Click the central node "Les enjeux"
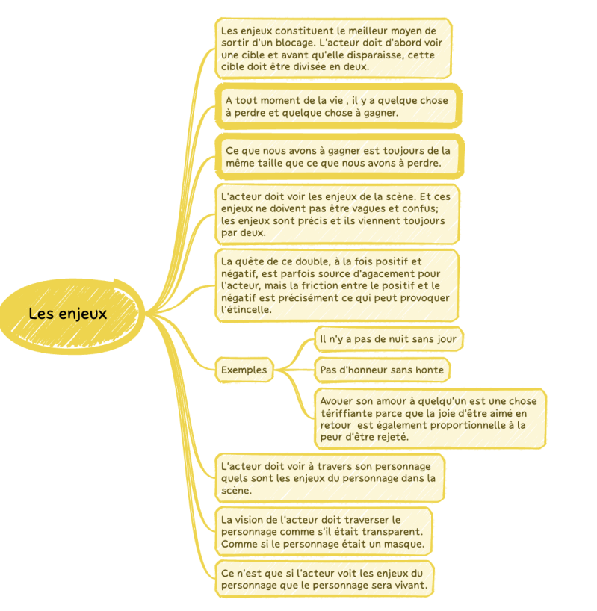(68, 314)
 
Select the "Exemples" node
(244, 369)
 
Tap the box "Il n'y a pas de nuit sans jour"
(388, 339)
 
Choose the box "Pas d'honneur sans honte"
(382, 370)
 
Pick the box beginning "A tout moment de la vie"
(338, 107)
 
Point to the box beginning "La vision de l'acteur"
(324, 531)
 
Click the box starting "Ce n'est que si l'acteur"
(326, 578)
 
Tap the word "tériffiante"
(344, 413)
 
